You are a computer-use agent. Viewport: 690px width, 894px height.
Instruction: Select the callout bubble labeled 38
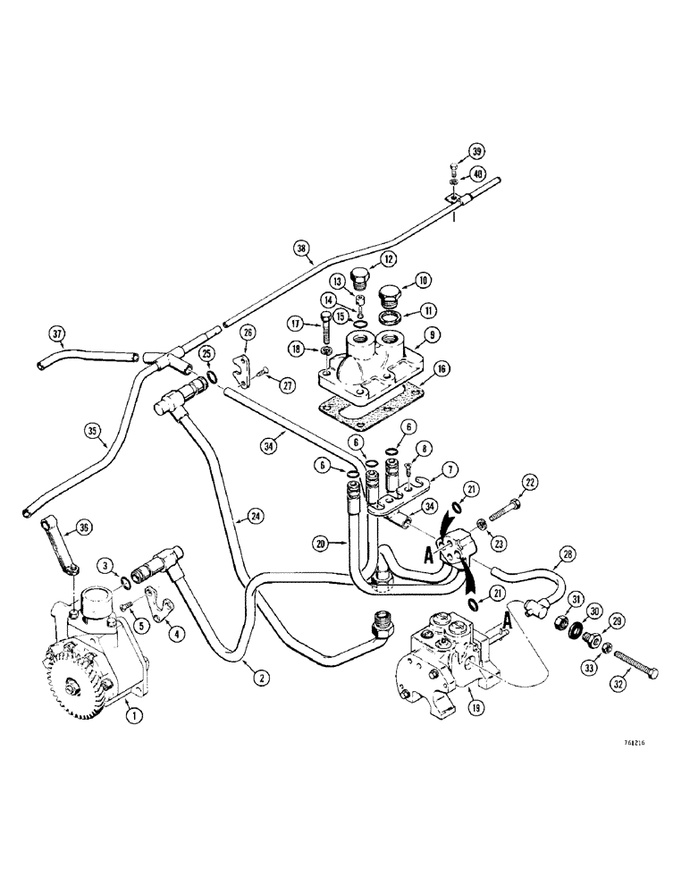pos(302,250)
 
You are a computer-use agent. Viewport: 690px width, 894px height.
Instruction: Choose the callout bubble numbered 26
pos(248,333)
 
